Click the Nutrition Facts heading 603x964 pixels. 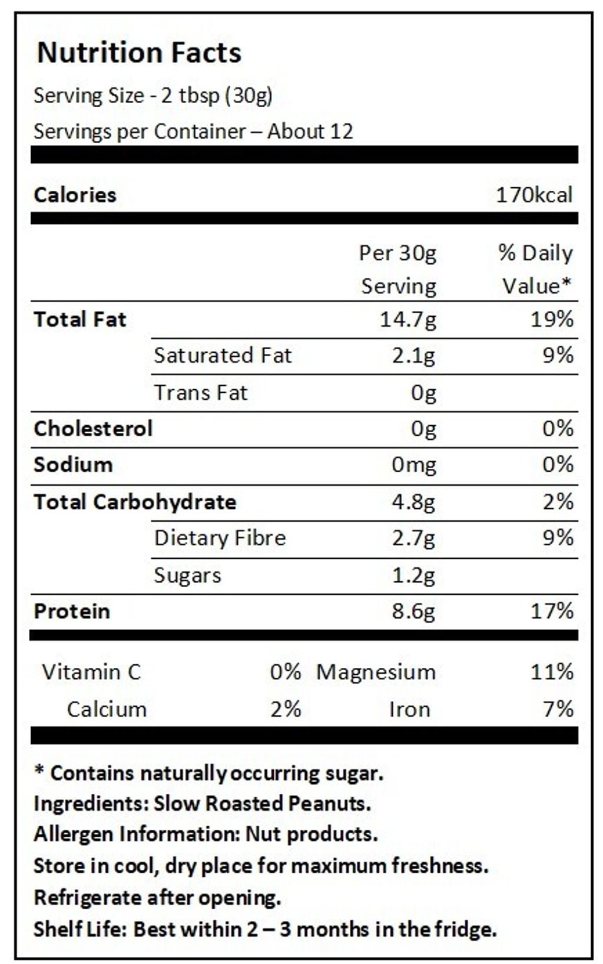click(x=139, y=52)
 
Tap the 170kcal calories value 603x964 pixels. click(x=534, y=195)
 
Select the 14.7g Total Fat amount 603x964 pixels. click(x=408, y=320)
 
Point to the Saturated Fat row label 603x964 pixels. click(x=223, y=356)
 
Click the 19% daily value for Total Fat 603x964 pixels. click(x=552, y=320)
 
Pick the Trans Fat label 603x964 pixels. click(x=201, y=393)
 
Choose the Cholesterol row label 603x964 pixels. click(x=93, y=429)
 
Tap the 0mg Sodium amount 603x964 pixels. click(x=414, y=465)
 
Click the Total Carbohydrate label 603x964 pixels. click(x=135, y=502)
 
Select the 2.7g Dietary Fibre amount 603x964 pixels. click(x=414, y=538)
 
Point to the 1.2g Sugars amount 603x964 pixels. click(x=414, y=575)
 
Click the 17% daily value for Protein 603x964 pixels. click(x=552, y=611)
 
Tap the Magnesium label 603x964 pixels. click(x=376, y=672)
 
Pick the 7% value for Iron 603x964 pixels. click(x=558, y=709)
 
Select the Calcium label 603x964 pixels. click(x=107, y=709)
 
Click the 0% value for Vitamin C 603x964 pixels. click(x=286, y=672)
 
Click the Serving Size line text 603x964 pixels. click(x=153, y=95)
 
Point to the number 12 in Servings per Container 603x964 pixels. click(x=342, y=131)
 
